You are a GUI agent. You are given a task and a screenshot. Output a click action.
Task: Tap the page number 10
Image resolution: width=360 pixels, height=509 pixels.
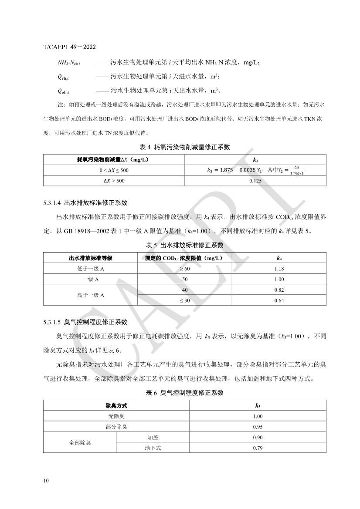46,480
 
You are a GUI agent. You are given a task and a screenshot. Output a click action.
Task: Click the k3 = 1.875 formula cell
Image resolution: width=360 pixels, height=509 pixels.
255,170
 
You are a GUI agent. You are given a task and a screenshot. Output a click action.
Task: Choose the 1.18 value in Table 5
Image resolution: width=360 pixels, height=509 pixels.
279,269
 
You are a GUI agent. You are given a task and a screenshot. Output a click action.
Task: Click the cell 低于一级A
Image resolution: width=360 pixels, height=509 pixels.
91,269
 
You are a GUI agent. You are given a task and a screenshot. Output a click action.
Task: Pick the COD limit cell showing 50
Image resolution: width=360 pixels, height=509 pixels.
185,280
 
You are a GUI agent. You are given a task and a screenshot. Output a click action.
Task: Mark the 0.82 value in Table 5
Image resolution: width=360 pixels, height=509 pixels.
279,290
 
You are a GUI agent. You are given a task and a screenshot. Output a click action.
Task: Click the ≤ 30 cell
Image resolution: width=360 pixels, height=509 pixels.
185,300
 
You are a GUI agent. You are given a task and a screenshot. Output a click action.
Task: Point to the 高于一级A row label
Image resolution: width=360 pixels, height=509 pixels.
91,295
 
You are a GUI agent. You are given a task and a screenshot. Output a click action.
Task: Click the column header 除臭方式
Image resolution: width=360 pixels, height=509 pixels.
116,405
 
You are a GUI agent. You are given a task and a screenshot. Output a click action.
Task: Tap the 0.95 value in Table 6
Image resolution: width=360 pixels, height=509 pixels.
258,427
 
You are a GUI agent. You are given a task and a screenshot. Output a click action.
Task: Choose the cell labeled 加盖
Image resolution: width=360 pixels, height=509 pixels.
153,437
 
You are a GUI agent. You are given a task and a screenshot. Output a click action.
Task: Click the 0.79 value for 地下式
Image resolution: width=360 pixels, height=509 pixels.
258,448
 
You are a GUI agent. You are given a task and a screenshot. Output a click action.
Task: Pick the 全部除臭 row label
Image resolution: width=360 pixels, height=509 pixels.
80,442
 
